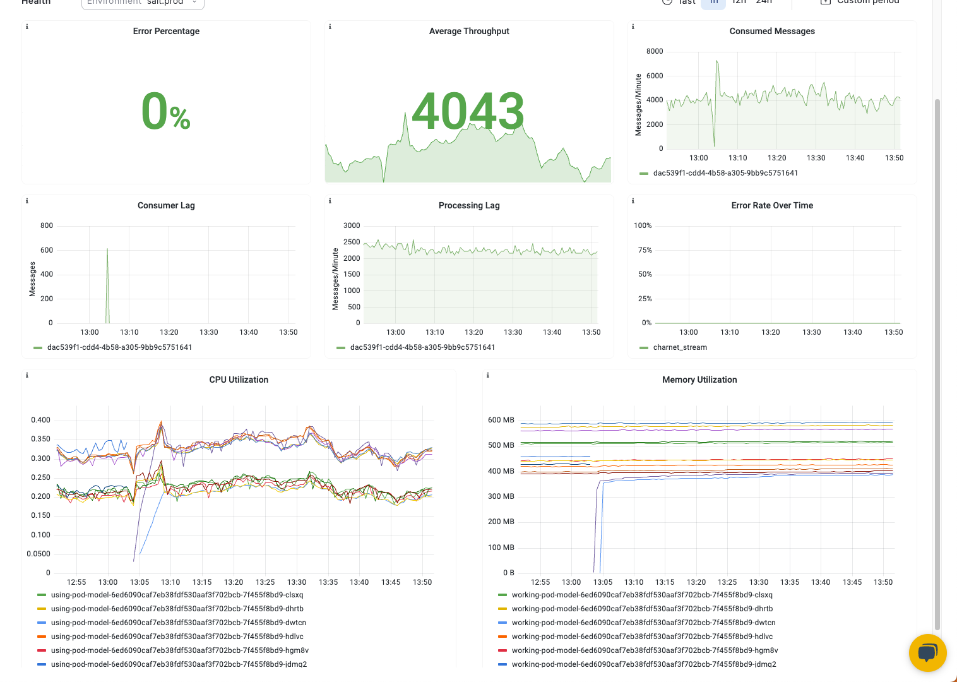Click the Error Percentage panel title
[x=166, y=31]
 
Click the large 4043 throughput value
[x=468, y=111]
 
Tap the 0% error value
[x=166, y=112]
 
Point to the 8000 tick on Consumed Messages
[x=655, y=51]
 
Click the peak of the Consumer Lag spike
[x=107, y=249]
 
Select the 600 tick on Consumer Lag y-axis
[x=47, y=250]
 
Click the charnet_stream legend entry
[x=679, y=347]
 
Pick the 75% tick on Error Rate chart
[x=645, y=250]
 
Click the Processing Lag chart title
[x=469, y=205]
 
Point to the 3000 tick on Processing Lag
[x=352, y=225]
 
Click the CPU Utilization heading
[x=239, y=380]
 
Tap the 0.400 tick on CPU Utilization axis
[x=40, y=420]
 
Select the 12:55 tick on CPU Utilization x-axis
[x=76, y=582]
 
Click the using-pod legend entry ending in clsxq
[x=177, y=595]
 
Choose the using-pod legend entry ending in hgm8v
[x=179, y=650]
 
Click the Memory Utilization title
[x=699, y=380]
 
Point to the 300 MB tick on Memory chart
[x=501, y=496]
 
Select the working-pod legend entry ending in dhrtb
[x=642, y=609]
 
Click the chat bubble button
[x=927, y=653]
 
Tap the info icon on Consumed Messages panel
[x=633, y=27]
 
